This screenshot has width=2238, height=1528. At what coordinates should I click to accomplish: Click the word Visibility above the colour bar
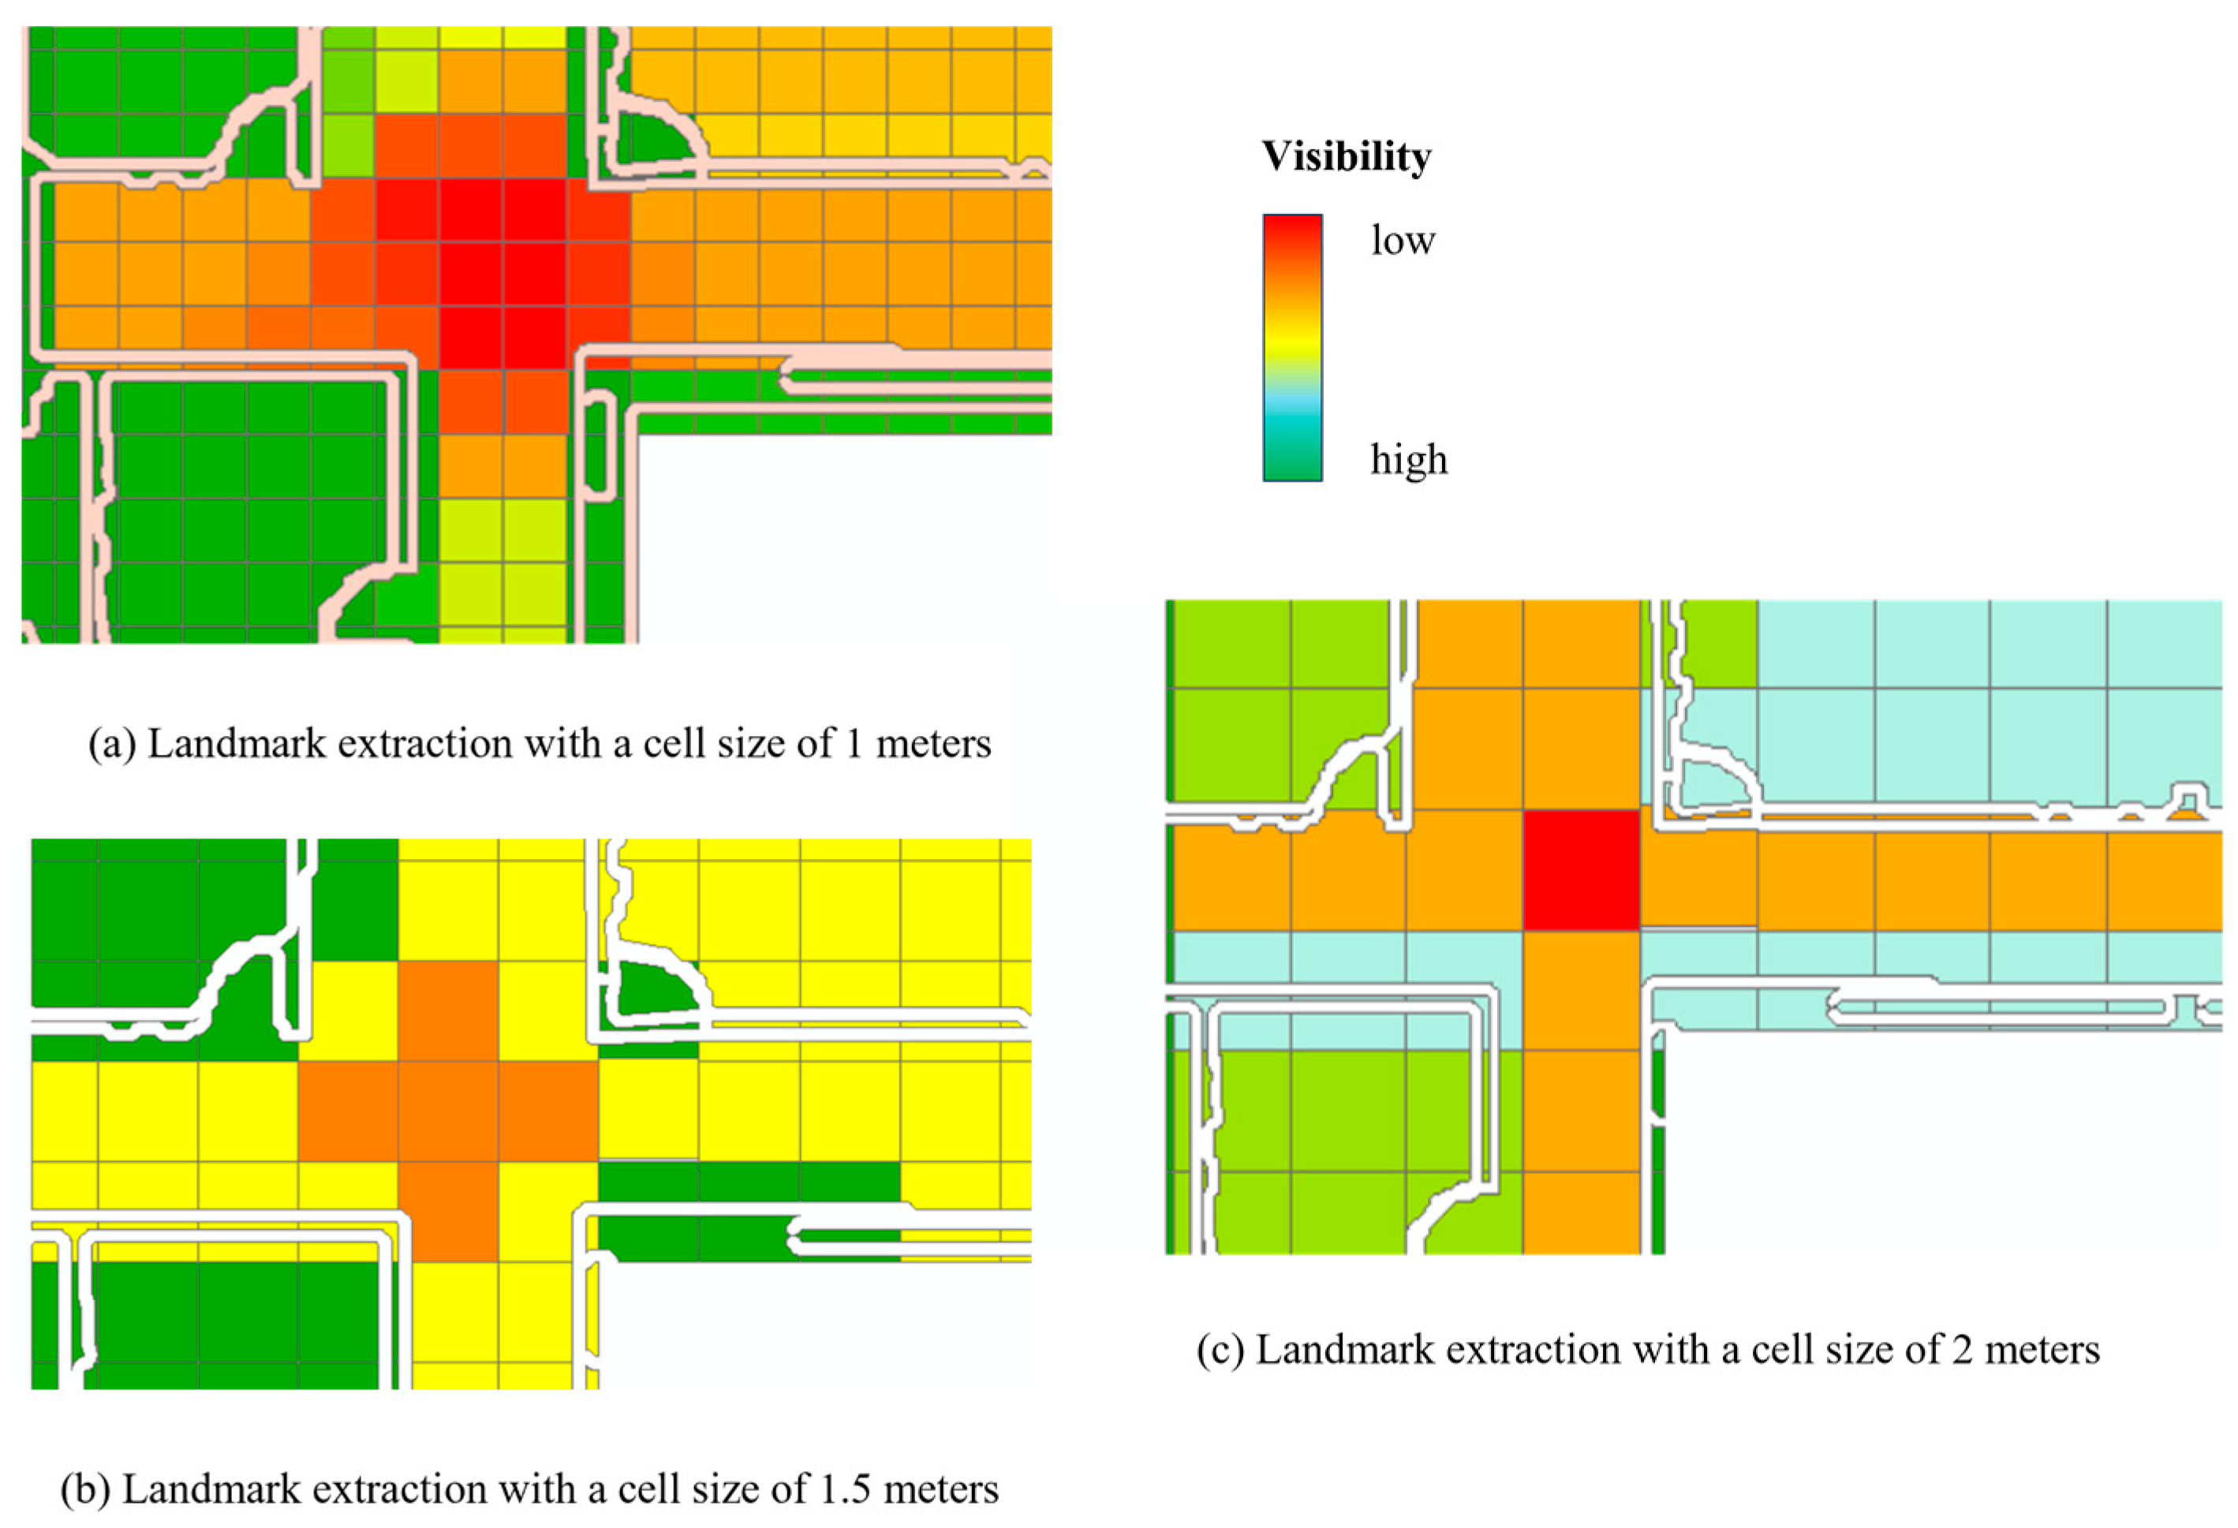click(1347, 157)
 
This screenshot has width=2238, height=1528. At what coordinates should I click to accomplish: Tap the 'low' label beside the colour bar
click(1402, 240)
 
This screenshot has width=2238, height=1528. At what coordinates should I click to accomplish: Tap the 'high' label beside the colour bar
click(1409, 460)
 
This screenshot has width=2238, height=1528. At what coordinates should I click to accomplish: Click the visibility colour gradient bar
click(1292, 346)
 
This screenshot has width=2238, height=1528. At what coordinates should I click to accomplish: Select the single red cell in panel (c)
click(1581, 869)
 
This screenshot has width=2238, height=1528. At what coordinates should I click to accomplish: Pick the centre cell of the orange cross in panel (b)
click(449, 1111)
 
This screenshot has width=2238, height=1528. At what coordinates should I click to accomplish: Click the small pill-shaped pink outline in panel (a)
click(601, 449)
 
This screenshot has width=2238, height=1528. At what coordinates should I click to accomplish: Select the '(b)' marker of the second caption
click(84, 1489)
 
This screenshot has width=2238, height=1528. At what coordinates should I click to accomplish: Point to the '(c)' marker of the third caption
click(1220, 1350)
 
